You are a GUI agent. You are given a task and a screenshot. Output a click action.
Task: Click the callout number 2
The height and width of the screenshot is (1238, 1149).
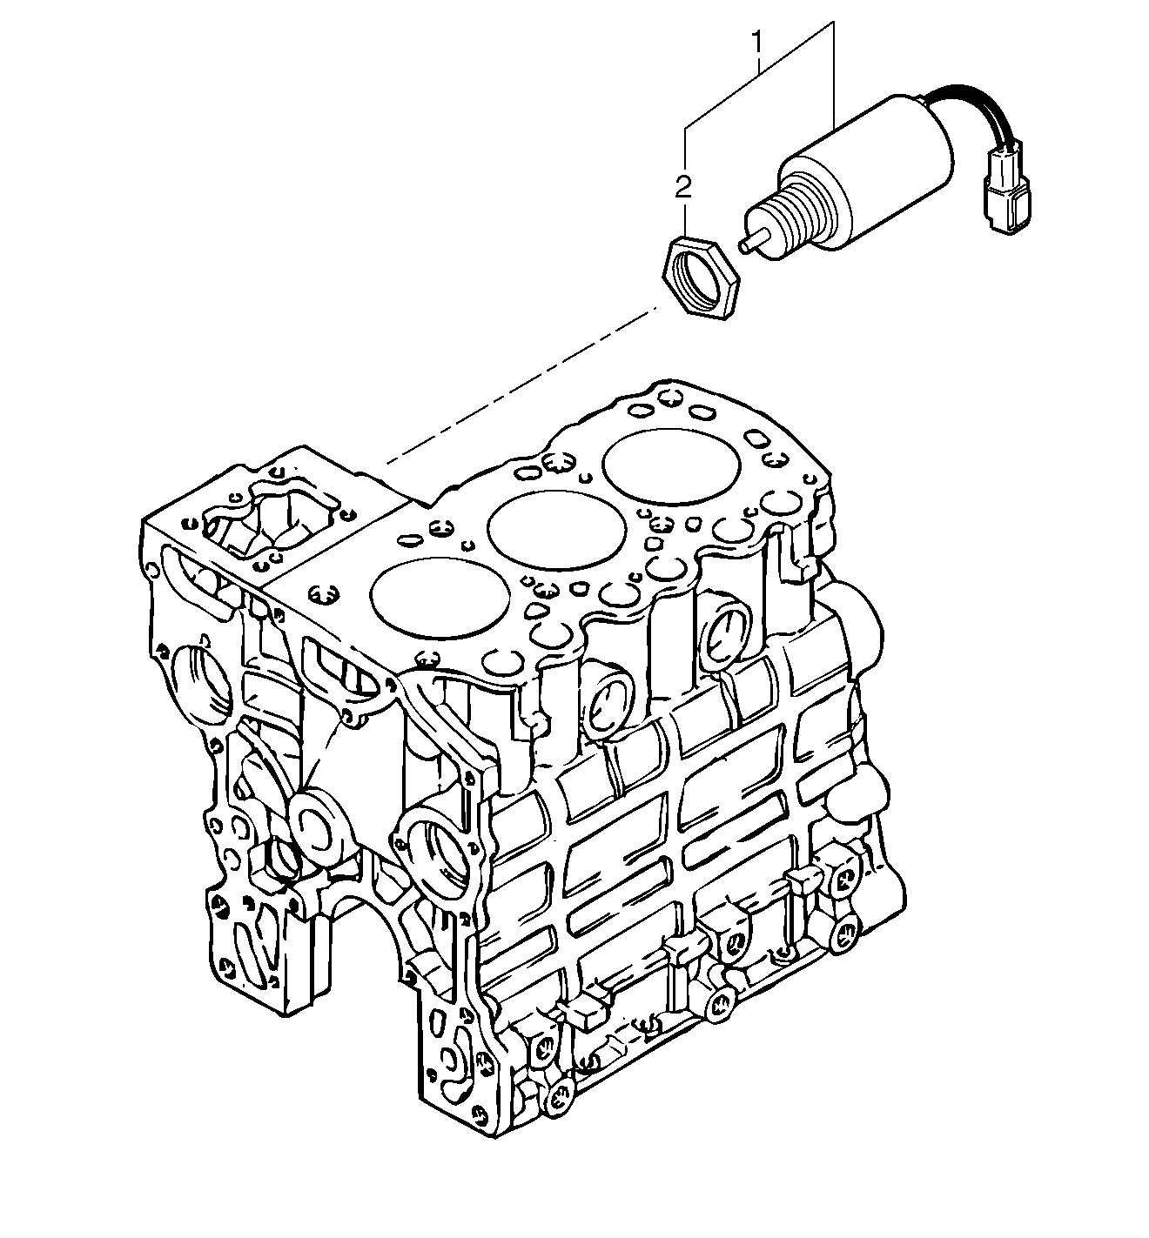[x=685, y=184]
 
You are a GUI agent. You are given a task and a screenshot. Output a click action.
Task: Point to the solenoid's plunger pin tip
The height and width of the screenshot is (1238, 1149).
[x=745, y=246]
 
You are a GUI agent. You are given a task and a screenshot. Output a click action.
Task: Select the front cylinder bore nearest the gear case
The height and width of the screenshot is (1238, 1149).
[x=440, y=598]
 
